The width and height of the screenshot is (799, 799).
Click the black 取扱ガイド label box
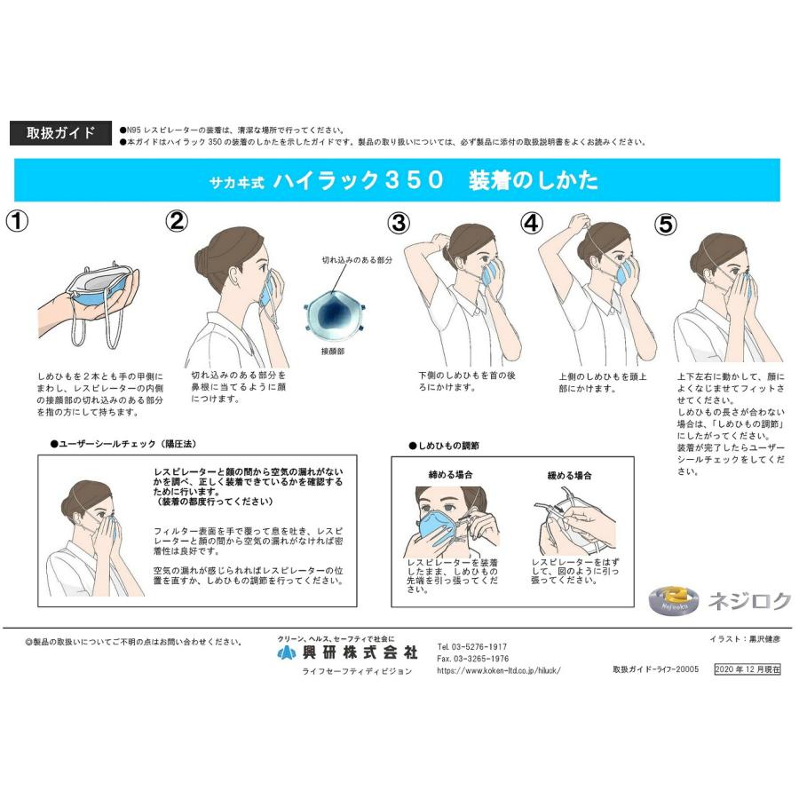pyautogui.click(x=60, y=133)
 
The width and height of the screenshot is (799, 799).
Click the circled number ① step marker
pyautogui.click(x=19, y=221)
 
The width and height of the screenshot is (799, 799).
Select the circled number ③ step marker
pyautogui.click(x=399, y=223)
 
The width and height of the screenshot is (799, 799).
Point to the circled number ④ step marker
pyautogui.click(x=531, y=223)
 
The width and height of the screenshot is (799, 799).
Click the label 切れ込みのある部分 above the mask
pyautogui.click(x=357, y=260)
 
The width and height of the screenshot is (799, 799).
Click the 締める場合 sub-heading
pyautogui.click(x=450, y=475)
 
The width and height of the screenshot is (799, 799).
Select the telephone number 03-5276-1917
pyautogui.click(x=472, y=646)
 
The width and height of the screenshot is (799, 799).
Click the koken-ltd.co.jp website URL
pyautogui.click(x=499, y=671)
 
